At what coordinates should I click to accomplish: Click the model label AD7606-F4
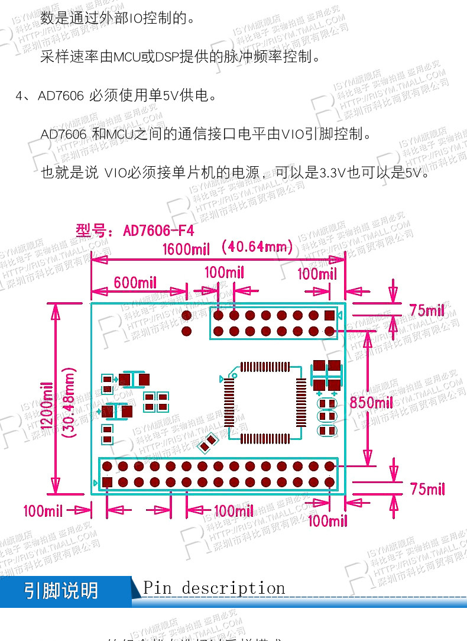(x=135, y=230)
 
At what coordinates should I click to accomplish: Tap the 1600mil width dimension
(x=186, y=249)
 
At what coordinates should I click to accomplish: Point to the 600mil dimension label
(x=135, y=283)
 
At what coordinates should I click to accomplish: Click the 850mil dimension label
(x=371, y=403)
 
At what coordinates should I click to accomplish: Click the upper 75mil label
(x=427, y=310)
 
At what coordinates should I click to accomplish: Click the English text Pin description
(x=214, y=588)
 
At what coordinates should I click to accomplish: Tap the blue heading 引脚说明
(x=61, y=591)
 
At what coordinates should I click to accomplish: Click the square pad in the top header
(x=329, y=315)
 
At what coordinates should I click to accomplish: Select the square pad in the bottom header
(x=107, y=482)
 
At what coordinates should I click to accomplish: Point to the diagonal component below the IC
(x=209, y=442)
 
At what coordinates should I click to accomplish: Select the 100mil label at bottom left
(x=43, y=510)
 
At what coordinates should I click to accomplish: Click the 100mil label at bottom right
(x=327, y=520)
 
